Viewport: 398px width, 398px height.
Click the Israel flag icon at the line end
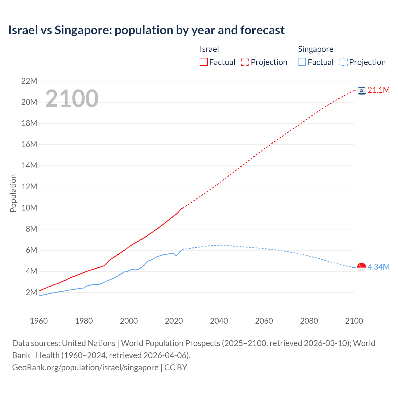tap(362, 90)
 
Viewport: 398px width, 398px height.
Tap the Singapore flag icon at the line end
tap(362, 267)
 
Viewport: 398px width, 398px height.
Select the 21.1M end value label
tap(378, 90)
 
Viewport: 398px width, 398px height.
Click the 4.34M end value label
tap(378, 267)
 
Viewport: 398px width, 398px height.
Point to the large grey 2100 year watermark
tap(72, 99)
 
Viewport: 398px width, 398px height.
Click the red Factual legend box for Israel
tap(204, 62)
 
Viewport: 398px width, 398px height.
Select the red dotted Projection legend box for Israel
tap(245, 62)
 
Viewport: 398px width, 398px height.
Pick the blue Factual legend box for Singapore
tap(302, 62)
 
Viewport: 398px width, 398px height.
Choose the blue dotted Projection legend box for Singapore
tap(344, 62)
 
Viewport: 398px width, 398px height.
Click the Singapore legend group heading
tap(315, 49)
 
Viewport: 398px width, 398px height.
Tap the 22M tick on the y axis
tap(29, 81)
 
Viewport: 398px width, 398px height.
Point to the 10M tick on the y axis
tap(29, 208)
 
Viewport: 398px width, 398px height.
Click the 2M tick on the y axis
tap(31, 292)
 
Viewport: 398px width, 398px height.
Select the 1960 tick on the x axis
tap(39, 321)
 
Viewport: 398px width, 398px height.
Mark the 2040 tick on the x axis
tap(219, 321)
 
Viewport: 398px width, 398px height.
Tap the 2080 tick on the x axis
tap(309, 321)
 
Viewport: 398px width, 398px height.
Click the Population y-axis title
tap(13, 193)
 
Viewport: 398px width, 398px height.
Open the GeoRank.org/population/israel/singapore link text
tap(85, 368)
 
